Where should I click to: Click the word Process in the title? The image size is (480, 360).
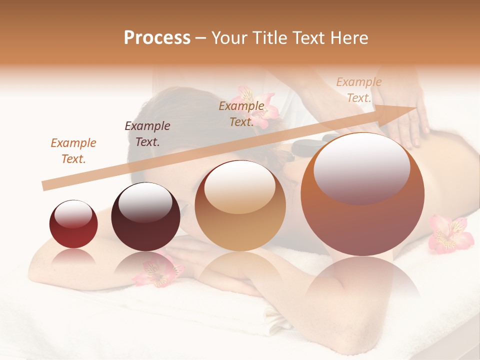click(157, 38)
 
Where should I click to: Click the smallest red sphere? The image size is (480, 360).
click(73, 224)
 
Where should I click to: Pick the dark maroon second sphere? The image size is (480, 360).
click(145, 217)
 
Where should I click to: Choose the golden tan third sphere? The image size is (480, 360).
click(240, 205)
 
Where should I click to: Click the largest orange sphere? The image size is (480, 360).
click(362, 195)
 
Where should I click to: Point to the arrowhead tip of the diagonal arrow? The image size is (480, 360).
click(416, 107)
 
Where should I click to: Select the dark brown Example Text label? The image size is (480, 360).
click(147, 134)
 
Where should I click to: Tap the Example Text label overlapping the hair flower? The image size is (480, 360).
click(241, 114)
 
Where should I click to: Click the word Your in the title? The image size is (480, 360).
click(229, 38)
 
